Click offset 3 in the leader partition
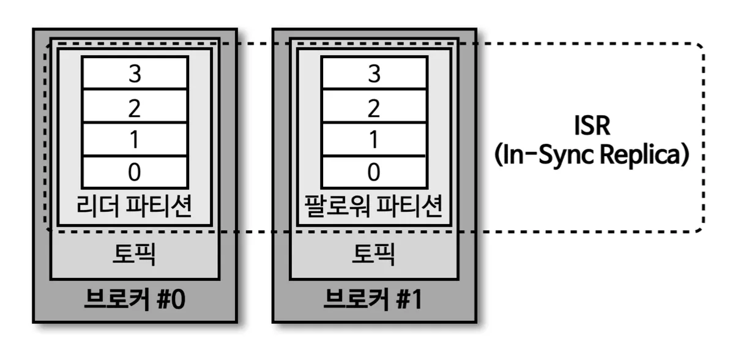(x=135, y=74)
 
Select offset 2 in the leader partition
(x=135, y=108)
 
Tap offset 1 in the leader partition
(x=135, y=140)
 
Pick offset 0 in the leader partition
(x=135, y=172)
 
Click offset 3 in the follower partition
(x=373, y=74)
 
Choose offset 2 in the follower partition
(x=373, y=108)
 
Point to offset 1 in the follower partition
(x=373, y=140)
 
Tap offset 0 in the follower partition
(x=373, y=172)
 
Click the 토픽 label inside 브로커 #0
(x=134, y=254)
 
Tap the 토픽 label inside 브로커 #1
(x=373, y=254)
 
